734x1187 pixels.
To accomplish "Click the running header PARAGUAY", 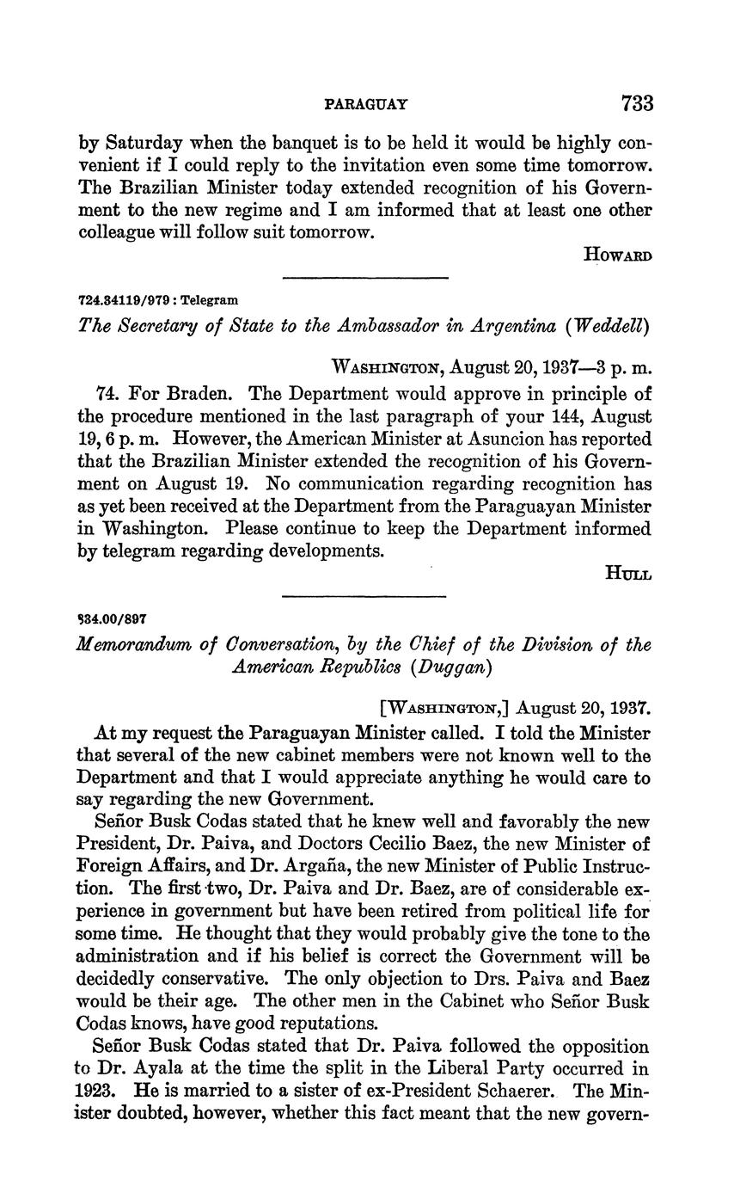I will [x=366, y=105].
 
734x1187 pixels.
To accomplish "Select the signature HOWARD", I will [x=617, y=255].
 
